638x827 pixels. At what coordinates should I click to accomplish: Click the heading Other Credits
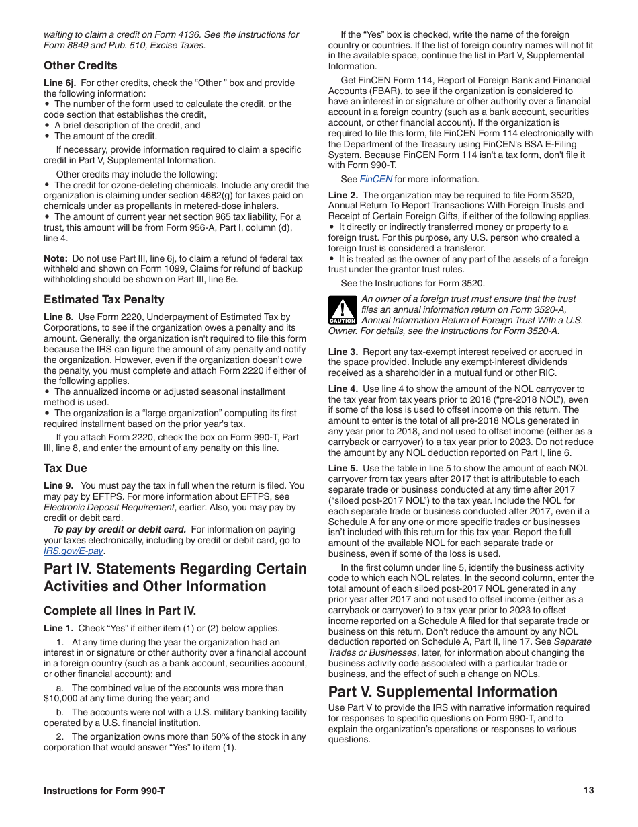tap(80, 65)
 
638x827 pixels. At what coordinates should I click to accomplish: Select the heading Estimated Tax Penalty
tap(103, 299)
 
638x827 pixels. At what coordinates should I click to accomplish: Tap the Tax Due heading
tap(65, 468)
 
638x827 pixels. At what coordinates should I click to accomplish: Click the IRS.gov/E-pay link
tap(73, 551)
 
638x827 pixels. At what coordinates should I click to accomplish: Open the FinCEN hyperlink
tap(375, 179)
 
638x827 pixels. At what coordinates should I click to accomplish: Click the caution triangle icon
tap(343, 311)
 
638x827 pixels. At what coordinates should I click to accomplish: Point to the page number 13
tap(588, 791)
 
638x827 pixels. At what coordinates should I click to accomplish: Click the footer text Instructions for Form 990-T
tap(104, 791)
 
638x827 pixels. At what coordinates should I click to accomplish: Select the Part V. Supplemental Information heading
tap(443, 692)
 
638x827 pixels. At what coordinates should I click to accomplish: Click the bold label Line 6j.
tap(59, 83)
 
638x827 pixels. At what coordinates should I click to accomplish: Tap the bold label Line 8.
tap(58, 317)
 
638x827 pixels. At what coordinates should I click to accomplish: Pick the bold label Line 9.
tap(58, 485)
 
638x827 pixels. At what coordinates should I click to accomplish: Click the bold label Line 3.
tap(343, 352)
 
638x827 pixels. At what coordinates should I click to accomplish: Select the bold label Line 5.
tap(343, 468)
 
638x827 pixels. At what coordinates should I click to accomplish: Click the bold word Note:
tap(55, 258)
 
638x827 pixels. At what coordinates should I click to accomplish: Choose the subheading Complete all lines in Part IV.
tap(120, 611)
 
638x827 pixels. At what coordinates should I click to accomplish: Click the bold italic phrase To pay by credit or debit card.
tap(120, 529)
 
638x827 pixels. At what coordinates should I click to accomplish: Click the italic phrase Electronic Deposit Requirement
tap(95, 507)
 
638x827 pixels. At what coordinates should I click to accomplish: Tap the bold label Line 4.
tap(343, 389)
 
